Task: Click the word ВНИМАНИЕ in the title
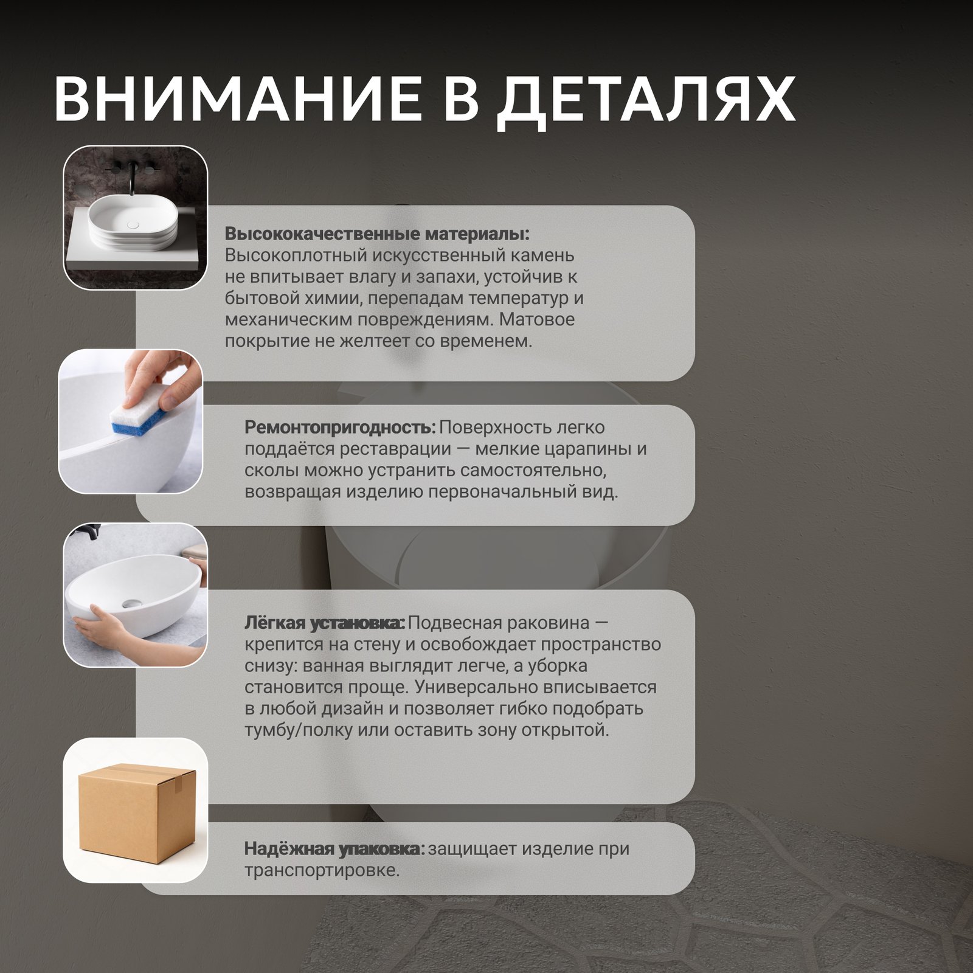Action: point(238,99)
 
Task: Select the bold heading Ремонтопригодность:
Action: point(341,428)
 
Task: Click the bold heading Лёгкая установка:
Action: point(325,623)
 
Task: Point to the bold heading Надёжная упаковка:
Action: point(334,848)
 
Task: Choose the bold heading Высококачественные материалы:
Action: point(377,234)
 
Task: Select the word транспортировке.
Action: point(322,871)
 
